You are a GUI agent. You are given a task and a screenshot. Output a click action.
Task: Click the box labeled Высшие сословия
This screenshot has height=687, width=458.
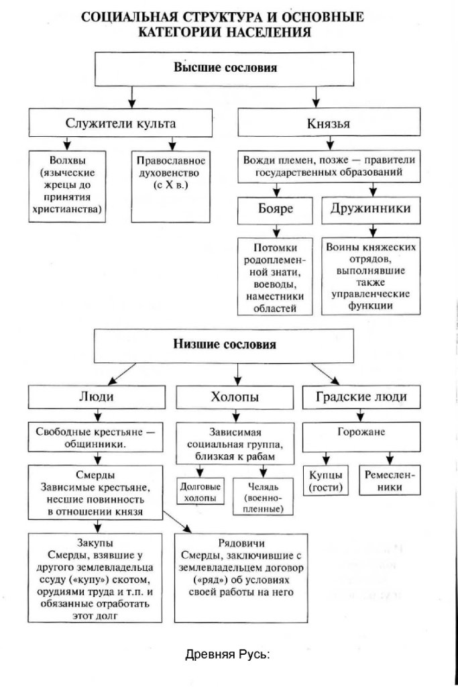pyautogui.click(x=225, y=68)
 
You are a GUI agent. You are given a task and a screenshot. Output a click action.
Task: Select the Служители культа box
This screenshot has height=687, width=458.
pyautogui.click(x=121, y=123)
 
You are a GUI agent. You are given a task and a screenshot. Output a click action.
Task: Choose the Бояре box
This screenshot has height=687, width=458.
pyautogui.click(x=275, y=209)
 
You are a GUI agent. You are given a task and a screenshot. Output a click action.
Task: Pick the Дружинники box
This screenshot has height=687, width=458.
pyautogui.click(x=371, y=209)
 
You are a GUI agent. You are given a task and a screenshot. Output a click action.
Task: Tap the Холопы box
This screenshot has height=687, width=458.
pyautogui.click(x=227, y=397)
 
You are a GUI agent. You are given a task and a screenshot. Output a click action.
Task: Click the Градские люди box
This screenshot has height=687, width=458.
pyautogui.click(x=361, y=397)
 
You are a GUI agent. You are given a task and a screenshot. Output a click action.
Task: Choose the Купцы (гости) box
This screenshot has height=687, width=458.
pyautogui.click(x=327, y=480)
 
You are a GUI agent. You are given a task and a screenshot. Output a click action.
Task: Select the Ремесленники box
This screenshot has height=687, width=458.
pyautogui.click(x=390, y=480)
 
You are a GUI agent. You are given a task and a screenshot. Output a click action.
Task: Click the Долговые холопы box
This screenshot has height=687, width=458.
pyautogui.click(x=200, y=493)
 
